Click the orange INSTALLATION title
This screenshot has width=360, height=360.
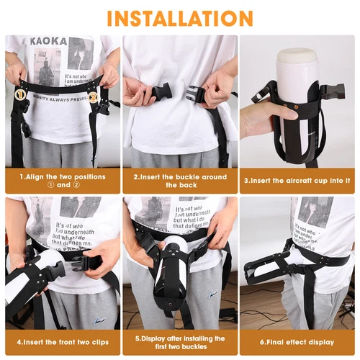tap(180, 17)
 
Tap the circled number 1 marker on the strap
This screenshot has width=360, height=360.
tap(20, 94)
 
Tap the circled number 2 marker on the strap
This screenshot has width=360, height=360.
tap(93, 94)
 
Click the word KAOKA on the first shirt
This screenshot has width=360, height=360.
tap(47, 42)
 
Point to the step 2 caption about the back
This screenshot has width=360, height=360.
tap(179, 181)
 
